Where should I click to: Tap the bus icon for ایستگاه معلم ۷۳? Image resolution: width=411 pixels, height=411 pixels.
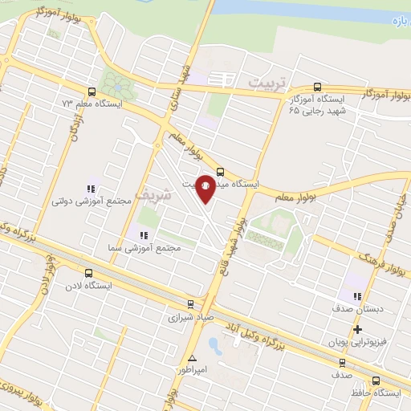(x=90, y=92)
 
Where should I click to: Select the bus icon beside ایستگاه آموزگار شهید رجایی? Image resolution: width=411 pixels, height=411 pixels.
(x=319, y=87)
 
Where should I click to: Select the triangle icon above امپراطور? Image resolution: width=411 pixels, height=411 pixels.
(x=192, y=358)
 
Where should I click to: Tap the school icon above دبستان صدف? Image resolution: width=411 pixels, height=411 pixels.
(x=358, y=295)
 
